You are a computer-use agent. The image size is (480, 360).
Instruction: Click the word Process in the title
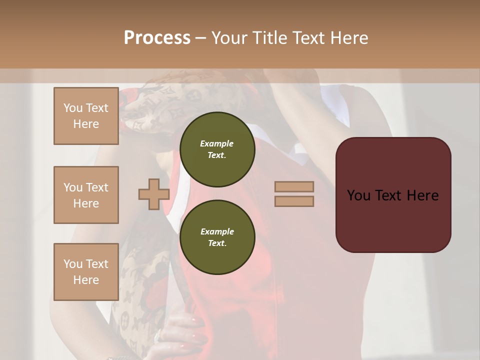click(157, 38)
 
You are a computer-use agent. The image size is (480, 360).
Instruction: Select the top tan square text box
click(86, 116)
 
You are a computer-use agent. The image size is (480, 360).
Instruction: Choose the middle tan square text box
click(86, 195)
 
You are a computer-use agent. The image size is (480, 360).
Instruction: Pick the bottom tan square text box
click(86, 271)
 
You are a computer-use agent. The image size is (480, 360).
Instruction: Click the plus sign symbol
click(154, 194)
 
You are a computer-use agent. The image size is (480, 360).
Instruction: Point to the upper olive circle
click(217, 149)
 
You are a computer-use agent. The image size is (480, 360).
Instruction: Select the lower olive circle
click(217, 237)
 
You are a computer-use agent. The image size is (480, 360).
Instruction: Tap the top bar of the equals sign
click(294, 186)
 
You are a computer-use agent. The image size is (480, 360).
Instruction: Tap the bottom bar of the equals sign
click(294, 201)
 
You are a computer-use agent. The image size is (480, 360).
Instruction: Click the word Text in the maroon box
click(391, 195)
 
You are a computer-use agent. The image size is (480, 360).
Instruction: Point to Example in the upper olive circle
click(217, 143)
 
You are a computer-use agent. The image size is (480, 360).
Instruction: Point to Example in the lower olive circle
click(217, 231)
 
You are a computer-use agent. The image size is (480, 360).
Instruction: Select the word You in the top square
click(72, 108)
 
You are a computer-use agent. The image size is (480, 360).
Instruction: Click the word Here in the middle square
click(86, 203)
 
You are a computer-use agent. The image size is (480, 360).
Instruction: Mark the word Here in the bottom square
click(86, 280)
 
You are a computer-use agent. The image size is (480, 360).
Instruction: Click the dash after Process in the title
click(201, 38)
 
